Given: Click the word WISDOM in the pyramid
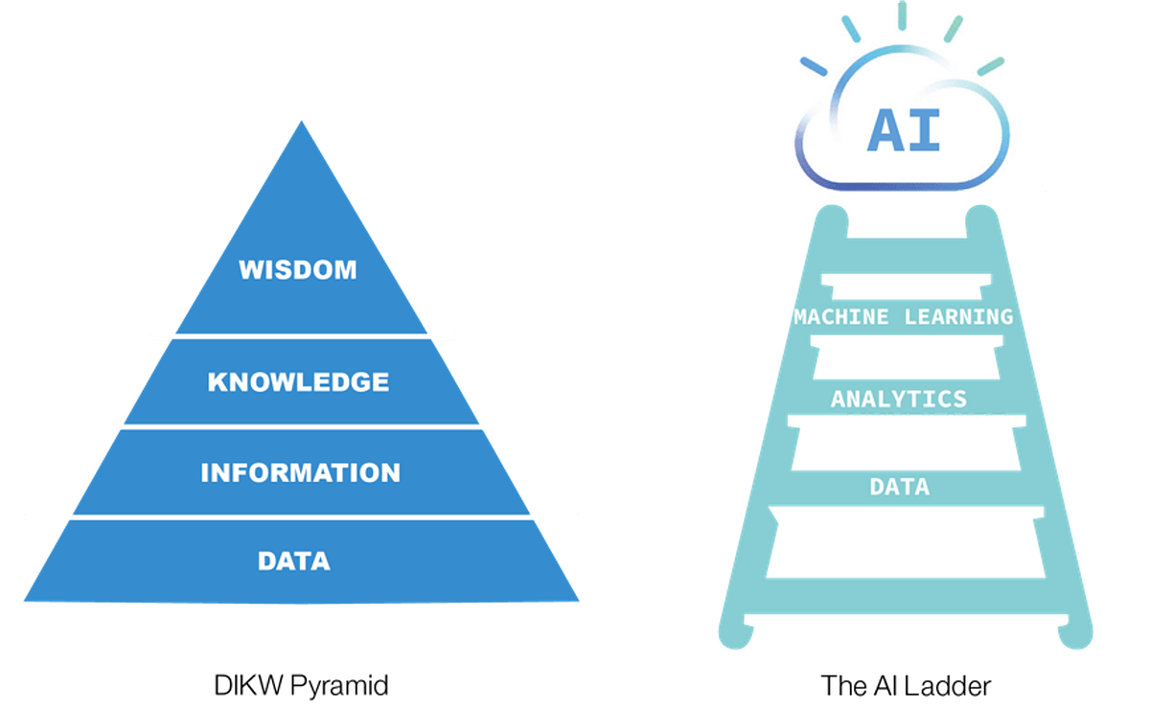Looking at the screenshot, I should click(297, 269).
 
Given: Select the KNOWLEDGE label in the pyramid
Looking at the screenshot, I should click(298, 382).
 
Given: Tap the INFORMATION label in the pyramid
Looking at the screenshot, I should click(300, 472).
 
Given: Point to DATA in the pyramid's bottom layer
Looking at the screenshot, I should click(293, 560).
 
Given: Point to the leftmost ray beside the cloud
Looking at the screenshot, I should click(813, 66).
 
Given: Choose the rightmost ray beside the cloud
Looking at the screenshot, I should click(990, 65).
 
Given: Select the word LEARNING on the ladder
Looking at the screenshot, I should click(959, 317).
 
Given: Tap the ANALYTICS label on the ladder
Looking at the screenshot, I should click(899, 399).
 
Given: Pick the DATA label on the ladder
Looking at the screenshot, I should click(899, 487).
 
